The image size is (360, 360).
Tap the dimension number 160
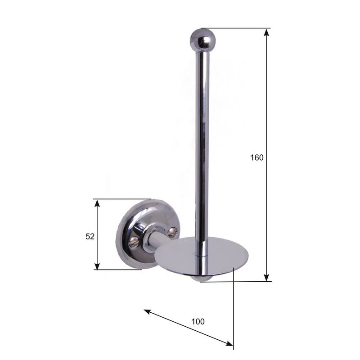click(257, 157)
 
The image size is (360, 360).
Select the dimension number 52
click(90, 236)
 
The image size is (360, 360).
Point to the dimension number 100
click(198, 321)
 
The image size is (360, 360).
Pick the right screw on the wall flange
click(172, 232)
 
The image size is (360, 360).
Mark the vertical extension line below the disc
click(234, 306)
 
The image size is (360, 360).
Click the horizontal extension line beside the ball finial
click(238, 28)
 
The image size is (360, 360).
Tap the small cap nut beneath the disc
click(200, 279)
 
